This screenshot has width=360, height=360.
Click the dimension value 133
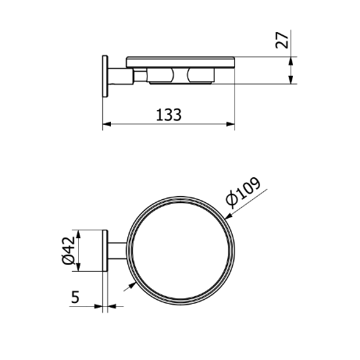169,115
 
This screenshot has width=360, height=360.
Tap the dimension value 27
282,40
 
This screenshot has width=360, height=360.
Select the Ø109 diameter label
243,193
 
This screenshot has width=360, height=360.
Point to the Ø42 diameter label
69,250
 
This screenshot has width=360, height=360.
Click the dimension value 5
75,297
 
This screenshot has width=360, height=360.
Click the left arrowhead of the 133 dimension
107,124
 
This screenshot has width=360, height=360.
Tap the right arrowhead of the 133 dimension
230,124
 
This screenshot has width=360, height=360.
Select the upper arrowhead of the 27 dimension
290,61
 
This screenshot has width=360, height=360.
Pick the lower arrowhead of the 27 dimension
290,80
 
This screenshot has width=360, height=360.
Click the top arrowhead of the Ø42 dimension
78,234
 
